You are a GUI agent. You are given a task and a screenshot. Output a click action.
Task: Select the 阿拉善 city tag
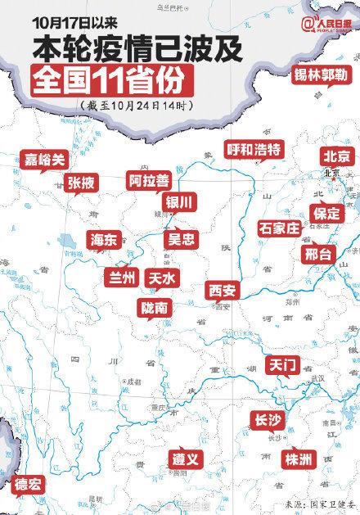point(148,180)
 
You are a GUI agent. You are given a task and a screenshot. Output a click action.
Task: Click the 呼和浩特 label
point(254,148)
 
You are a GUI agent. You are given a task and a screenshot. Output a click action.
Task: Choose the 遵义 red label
point(186,459)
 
